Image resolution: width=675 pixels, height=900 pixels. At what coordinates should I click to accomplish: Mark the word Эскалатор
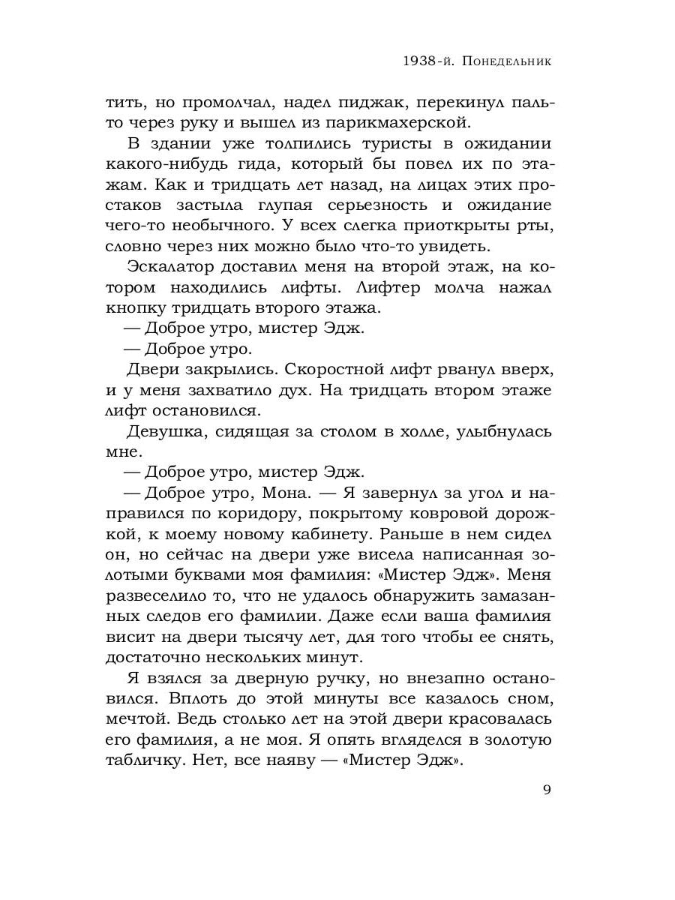[x=174, y=266]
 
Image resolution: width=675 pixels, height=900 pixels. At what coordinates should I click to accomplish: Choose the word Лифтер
[x=388, y=286]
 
